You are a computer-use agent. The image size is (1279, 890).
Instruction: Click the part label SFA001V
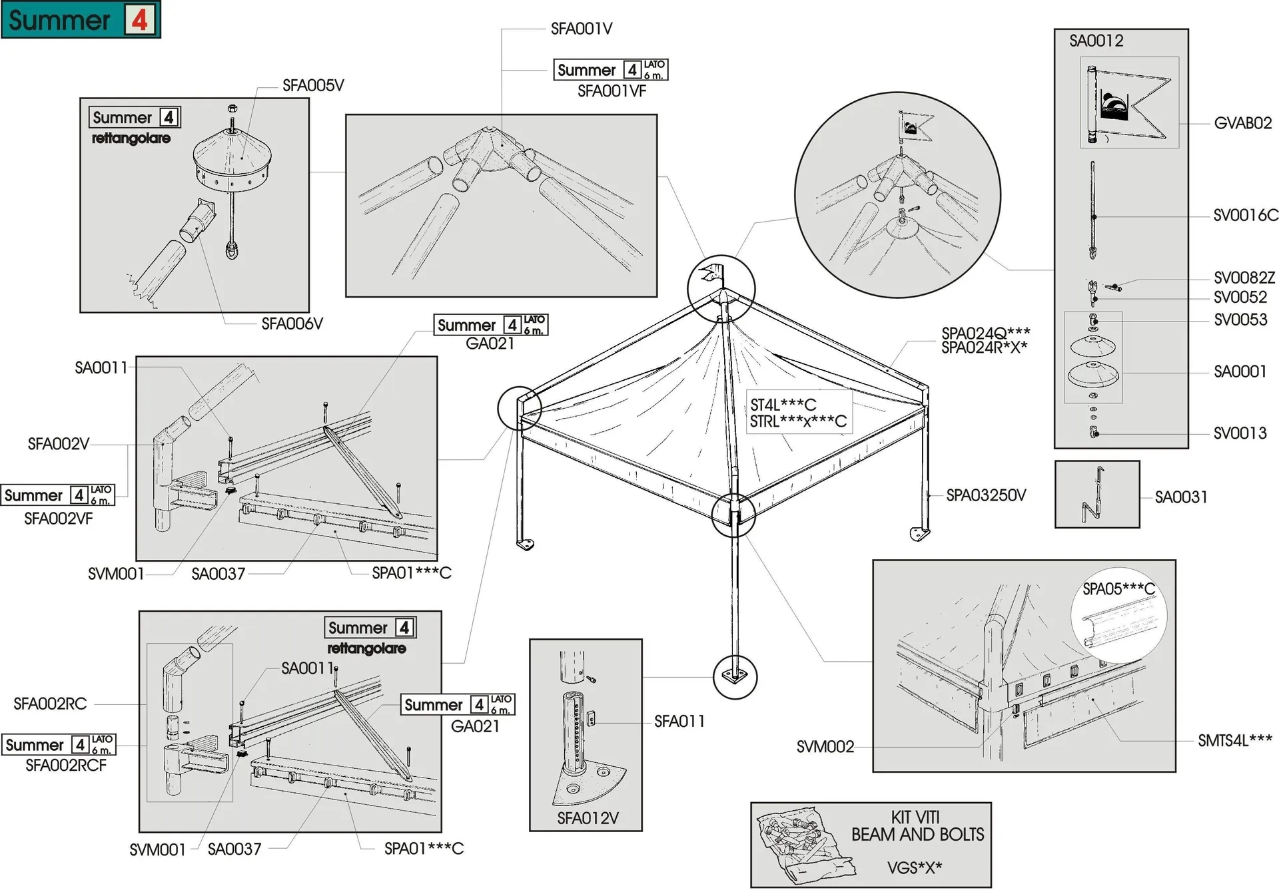click(x=581, y=29)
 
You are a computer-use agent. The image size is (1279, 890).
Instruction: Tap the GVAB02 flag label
click(x=1242, y=123)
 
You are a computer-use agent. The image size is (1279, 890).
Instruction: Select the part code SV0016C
click(x=1245, y=215)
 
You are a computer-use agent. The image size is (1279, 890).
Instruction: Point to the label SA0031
click(x=1181, y=497)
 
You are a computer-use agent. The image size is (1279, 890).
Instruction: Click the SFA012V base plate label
click(x=588, y=818)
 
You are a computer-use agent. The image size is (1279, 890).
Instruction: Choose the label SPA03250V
click(x=986, y=495)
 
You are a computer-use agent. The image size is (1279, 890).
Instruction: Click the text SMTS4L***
click(x=1235, y=740)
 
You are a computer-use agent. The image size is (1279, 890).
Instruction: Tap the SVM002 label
click(x=825, y=747)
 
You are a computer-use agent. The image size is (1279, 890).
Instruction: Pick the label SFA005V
click(x=313, y=85)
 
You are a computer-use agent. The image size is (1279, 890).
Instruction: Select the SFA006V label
click(x=292, y=324)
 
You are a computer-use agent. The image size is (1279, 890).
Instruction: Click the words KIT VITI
click(x=915, y=817)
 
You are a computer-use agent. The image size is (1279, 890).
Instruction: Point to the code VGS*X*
click(x=915, y=867)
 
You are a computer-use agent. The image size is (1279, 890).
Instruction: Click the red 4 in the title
click(x=139, y=19)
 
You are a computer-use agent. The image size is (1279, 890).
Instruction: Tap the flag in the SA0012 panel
click(x=1129, y=103)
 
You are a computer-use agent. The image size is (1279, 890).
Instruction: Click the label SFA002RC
click(x=50, y=704)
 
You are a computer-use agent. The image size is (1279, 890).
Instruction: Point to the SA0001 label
click(x=1240, y=371)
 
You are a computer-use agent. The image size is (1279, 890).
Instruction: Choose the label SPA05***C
click(x=1118, y=589)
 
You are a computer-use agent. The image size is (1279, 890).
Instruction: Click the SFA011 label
click(x=679, y=721)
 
